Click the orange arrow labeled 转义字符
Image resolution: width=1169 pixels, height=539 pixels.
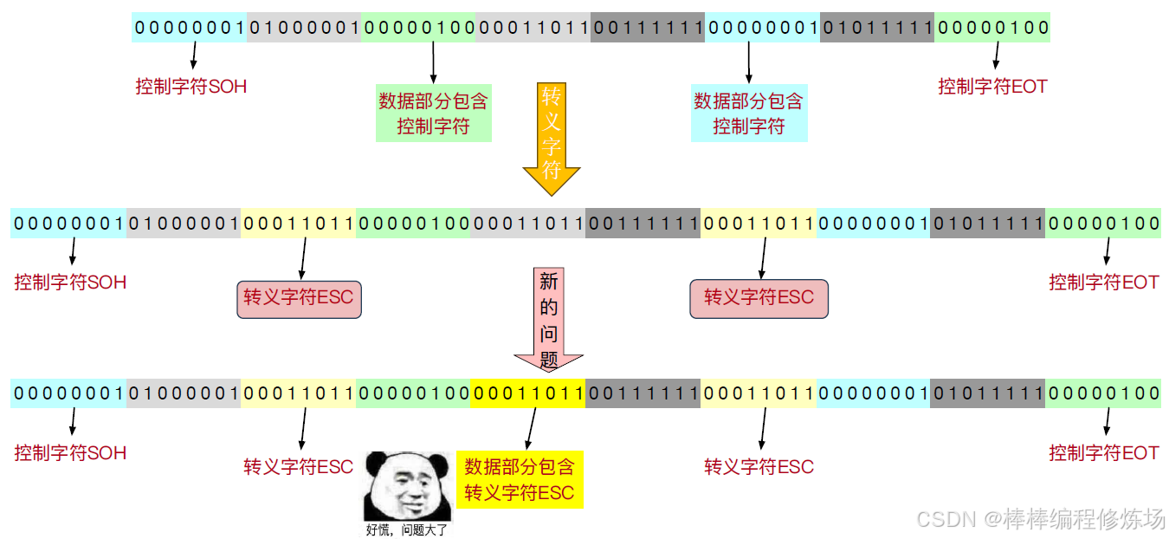point(551,139)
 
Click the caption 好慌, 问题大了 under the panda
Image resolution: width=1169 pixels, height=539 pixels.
point(405,529)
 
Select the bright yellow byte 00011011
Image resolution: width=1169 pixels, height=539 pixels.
point(528,393)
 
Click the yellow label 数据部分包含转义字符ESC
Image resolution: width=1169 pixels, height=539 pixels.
point(520,480)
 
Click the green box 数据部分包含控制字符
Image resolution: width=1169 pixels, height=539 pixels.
point(433,114)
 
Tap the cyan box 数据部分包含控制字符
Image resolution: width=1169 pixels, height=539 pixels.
point(749,114)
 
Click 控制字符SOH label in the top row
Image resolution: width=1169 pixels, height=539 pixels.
point(191,87)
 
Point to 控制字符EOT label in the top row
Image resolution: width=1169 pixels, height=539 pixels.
point(992,87)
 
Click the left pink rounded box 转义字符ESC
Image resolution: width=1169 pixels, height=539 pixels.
point(299,298)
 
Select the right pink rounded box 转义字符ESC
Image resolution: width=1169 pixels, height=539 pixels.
point(759,298)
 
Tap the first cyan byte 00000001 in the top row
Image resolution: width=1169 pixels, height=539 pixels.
point(190,28)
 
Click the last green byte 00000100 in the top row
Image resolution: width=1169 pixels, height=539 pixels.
point(992,28)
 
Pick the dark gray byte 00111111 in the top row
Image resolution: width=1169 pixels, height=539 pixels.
point(648,28)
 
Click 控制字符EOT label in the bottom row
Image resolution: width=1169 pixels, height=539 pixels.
point(1103,452)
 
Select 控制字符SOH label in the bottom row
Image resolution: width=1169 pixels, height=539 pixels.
point(70,452)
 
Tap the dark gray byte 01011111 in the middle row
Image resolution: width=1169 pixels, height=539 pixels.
point(987,224)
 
